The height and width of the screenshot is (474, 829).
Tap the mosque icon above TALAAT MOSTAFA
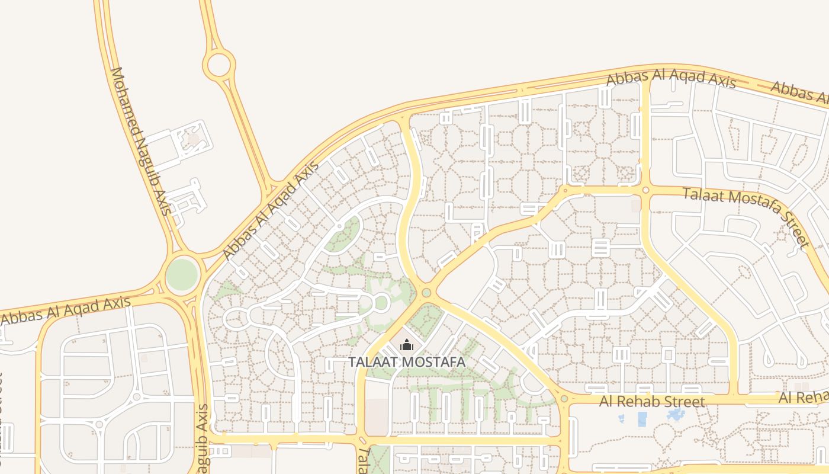coord(407,344)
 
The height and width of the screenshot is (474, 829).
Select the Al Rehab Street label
coord(652,402)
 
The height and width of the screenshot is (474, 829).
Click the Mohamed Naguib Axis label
coord(140,141)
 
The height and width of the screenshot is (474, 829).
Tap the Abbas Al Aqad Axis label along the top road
coord(671,79)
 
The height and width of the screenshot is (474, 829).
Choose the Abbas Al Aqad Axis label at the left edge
coord(65,310)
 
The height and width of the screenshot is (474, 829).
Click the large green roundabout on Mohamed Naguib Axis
coord(182,275)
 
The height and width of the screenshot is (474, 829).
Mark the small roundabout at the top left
coord(219,64)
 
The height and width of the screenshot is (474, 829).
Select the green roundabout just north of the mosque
coord(426,293)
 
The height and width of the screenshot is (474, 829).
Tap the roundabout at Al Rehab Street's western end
coord(564,399)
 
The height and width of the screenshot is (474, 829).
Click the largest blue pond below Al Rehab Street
coord(642,419)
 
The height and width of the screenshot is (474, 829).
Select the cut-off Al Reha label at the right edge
coord(804,397)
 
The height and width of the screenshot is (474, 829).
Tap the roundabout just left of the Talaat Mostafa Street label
coord(645,190)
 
